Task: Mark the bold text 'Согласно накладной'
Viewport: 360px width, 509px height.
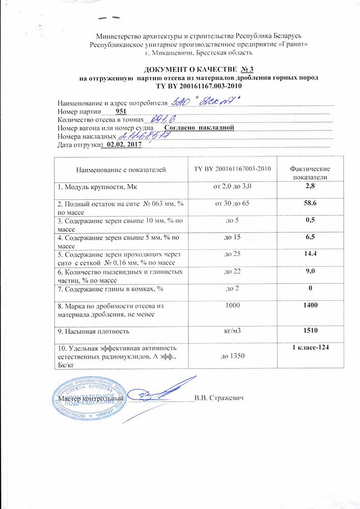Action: coord(199,127)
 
